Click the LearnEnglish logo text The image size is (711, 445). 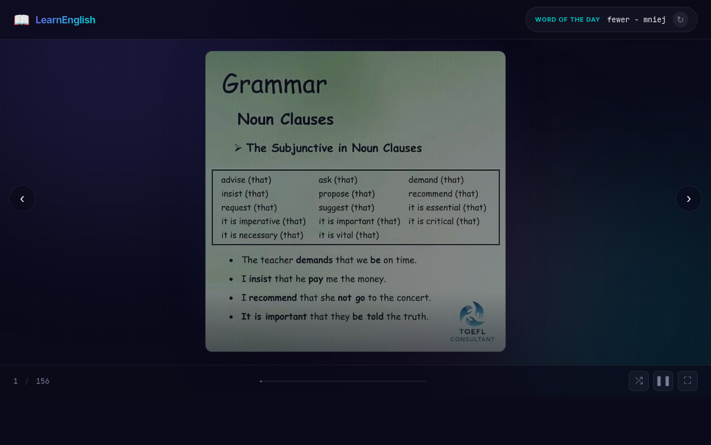click(66, 20)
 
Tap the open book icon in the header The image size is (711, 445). click(22, 20)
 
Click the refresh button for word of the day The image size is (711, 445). click(680, 19)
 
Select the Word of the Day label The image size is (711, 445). click(567, 20)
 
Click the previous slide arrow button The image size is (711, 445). click(22, 199)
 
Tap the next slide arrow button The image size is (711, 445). click(689, 199)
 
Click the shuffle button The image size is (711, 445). click(639, 381)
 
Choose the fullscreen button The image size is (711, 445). click(688, 381)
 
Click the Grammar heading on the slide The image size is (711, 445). click(274, 85)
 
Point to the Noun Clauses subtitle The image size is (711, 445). click(286, 119)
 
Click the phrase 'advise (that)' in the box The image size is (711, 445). click(246, 180)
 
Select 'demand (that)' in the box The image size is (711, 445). click(436, 180)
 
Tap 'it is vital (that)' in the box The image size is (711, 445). click(349, 235)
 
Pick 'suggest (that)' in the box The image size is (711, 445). click(347, 207)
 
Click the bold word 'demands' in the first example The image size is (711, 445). click(314, 260)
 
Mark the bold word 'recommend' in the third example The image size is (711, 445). click(273, 298)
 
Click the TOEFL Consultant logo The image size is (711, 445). click(472, 322)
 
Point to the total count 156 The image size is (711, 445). click(43, 381)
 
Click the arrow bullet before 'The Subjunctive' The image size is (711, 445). click(238, 148)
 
